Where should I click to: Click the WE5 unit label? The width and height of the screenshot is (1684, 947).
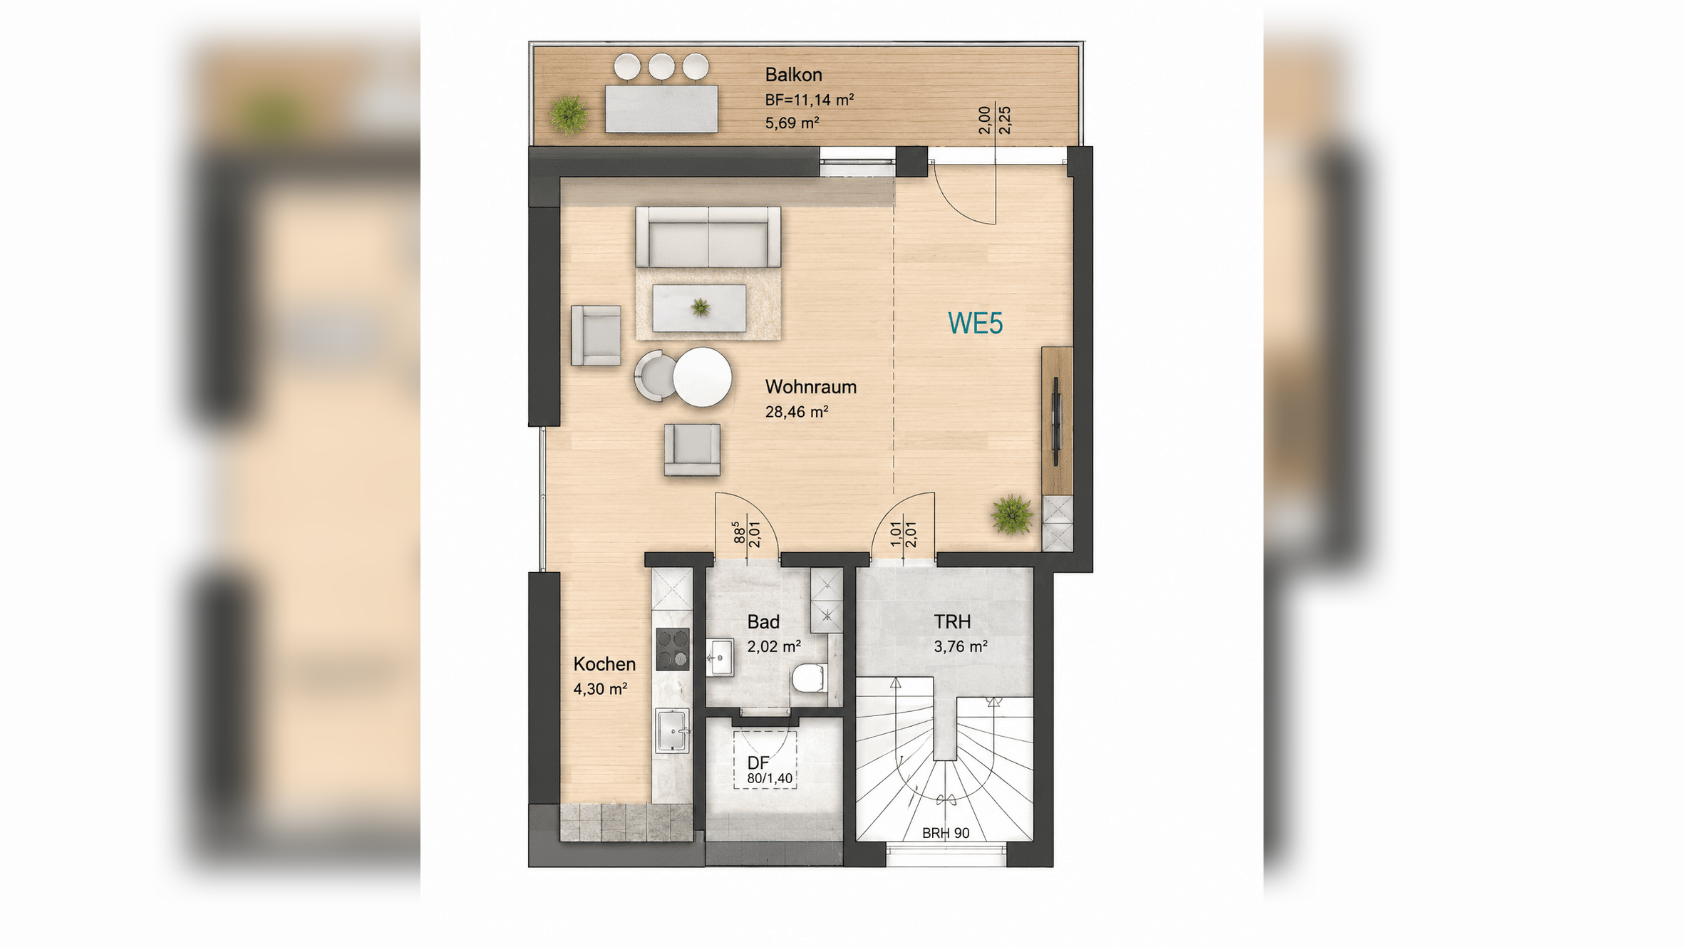pyautogui.click(x=975, y=324)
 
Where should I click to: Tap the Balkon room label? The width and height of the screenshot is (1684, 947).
pyautogui.click(x=793, y=75)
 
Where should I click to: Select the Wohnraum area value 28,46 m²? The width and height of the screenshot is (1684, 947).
pyautogui.click(x=796, y=412)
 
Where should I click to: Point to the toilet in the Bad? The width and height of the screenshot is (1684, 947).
pyautogui.click(x=810, y=678)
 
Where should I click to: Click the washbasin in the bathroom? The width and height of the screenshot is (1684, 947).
pyautogui.click(x=720, y=657)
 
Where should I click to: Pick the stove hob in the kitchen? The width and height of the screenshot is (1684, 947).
pyautogui.click(x=672, y=649)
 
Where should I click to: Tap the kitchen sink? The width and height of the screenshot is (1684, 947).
pyautogui.click(x=672, y=731)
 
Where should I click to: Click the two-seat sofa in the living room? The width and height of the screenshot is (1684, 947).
pyautogui.click(x=708, y=237)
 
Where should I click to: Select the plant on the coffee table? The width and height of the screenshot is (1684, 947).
pyautogui.click(x=701, y=307)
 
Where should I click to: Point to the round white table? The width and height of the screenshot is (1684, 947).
pyautogui.click(x=702, y=377)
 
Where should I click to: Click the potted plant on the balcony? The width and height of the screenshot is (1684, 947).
pyautogui.click(x=568, y=115)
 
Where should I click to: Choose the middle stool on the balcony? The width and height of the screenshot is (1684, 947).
pyautogui.click(x=661, y=66)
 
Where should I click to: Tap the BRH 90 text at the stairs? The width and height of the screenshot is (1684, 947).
pyautogui.click(x=946, y=833)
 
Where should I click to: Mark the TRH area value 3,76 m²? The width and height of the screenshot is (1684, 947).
pyautogui.click(x=960, y=647)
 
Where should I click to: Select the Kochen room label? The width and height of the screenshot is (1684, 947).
pyautogui.click(x=604, y=664)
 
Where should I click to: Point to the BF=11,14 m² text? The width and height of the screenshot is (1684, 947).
pyautogui.click(x=809, y=100)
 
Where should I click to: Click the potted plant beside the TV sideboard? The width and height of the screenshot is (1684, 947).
pyautogui.click(x=1012, y=514)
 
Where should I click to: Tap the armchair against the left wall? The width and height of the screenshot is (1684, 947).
pyautogui.click(x=596, y=336)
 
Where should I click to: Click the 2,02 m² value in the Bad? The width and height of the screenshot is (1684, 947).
pyautogui.click(x=773, y=647)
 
